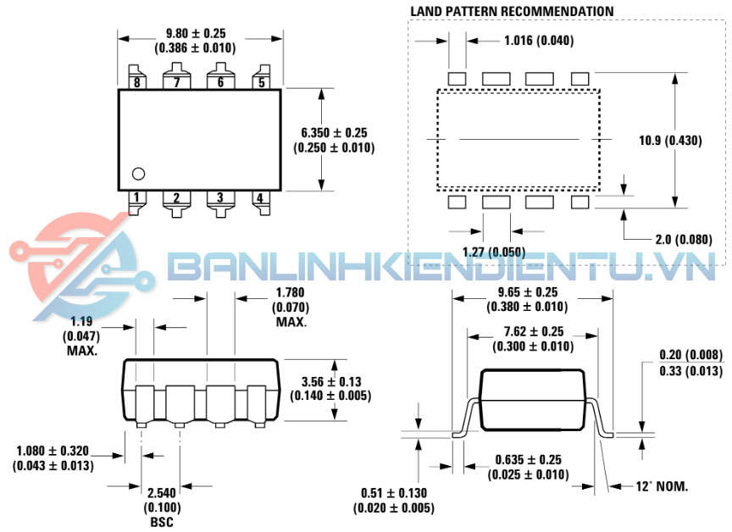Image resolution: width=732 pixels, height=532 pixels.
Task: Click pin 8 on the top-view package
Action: (x=137, y=77)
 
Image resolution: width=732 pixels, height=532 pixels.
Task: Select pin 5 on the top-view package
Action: (x=262, y=77)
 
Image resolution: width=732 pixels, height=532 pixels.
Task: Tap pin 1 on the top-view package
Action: (x=137, y=202)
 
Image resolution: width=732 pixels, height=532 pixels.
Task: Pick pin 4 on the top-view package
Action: (x=261, y=202)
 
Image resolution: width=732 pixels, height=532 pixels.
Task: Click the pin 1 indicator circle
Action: (x=138, y=174)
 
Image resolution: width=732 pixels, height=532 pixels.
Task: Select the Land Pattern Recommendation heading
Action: (x=512, y=12)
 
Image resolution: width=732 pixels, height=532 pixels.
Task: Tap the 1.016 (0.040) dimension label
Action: (x=539, y=41)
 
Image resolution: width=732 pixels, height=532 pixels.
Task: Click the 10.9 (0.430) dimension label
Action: (x=670, y=141)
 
